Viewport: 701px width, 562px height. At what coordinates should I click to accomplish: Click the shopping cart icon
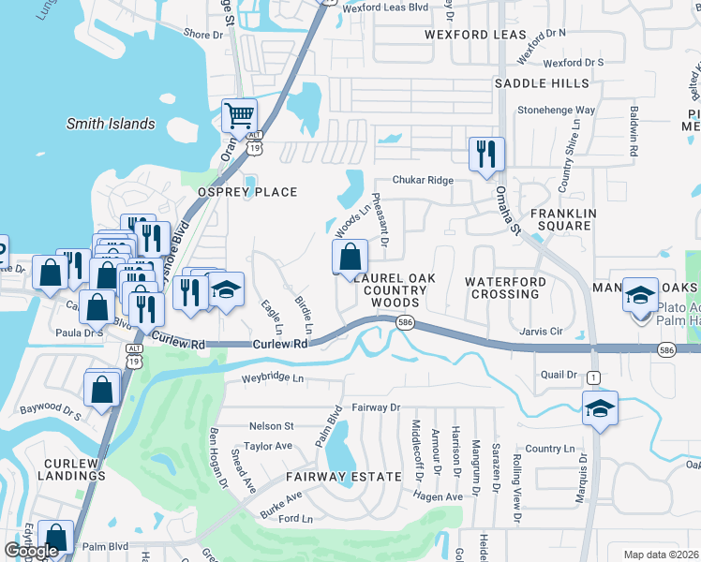240,117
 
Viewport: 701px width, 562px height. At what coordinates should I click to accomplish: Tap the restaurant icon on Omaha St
486,154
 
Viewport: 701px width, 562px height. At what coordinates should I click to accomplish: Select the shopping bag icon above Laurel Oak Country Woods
350,257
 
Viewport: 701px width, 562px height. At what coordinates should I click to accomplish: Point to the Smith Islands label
111,124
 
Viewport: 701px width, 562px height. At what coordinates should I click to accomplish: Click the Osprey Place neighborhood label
246,192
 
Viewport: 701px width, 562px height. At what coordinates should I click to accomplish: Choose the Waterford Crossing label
504,288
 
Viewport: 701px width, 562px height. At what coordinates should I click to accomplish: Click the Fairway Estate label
345,477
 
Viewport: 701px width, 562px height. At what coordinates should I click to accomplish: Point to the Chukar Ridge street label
423,180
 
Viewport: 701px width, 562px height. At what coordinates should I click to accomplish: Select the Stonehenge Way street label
556,110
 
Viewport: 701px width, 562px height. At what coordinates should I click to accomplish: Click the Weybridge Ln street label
274,378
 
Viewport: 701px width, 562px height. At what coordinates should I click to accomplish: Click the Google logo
31,551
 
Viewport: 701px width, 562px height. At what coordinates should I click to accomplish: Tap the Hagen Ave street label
440,496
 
